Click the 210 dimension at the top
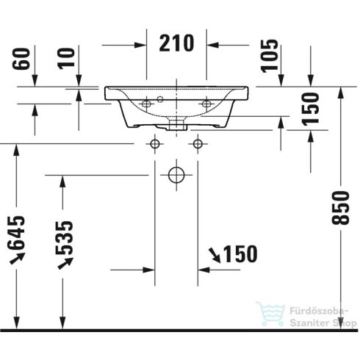click(x=177, y=44)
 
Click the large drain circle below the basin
click(x=176, y=175)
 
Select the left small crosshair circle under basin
click(x=155, y=143)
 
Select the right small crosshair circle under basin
click(x=197, y=143)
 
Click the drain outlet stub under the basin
click(x=176, y=127)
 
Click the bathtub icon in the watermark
click(x=270, y=314)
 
